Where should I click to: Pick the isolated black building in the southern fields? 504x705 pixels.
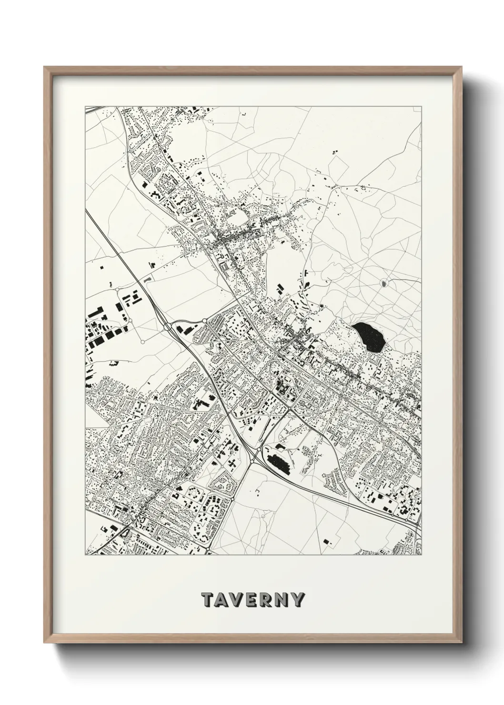tap(326, 541)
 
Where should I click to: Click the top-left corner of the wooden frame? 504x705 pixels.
tap(44, 67)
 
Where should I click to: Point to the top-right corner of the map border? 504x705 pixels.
tap(422, 106)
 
